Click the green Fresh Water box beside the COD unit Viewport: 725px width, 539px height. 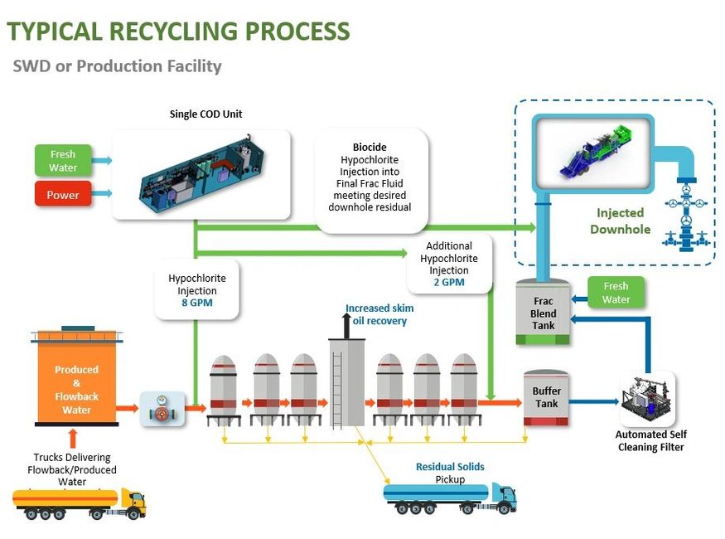(63, 161)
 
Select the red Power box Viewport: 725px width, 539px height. (63, 196)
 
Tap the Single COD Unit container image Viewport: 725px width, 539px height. (201, 173)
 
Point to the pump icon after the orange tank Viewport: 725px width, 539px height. (162, 408)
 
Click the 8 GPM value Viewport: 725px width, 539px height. (197, 303)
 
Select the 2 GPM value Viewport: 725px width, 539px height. (448, 282)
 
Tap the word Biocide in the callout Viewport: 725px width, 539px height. (370, 148)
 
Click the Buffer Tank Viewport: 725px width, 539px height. (546, 398)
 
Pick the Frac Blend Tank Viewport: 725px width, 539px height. (543, 313)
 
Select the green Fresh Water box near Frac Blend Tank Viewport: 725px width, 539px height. (616, 293)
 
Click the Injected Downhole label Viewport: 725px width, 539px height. (620, 221)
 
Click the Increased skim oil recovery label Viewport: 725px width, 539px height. (379, 314)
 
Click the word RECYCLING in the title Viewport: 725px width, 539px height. (174, 32)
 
